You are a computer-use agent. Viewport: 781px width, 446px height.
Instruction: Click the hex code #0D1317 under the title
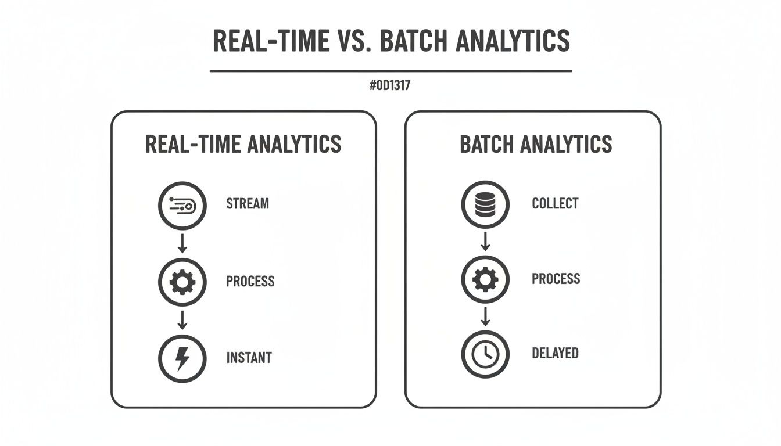[x=390, y=86]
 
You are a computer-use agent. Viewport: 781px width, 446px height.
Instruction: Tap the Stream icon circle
[x=182, y=205]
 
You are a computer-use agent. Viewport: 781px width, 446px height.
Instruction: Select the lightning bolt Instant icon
[x=182, y=359]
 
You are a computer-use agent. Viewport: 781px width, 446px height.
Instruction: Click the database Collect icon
[x=485, y=204]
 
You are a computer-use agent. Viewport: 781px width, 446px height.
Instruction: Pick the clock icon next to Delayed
[x=485, y=354]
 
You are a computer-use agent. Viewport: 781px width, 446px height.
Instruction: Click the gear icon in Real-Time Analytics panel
[x=182, y=282]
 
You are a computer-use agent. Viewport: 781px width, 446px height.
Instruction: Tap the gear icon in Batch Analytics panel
[x=485, y=280]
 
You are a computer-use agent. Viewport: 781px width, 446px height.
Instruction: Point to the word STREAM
[x=248, y=204]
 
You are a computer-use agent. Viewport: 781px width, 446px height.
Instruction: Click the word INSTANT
[x=249, y=358]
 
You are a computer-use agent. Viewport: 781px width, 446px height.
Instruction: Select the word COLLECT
[x=555, y=204]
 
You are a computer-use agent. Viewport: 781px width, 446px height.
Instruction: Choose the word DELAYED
[x=555, y=353]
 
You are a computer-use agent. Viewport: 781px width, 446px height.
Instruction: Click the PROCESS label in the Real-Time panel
[x=250, y=282]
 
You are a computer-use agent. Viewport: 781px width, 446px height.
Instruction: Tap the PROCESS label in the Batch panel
[x=556, y=279]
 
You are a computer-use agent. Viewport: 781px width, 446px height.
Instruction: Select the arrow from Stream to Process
[x=182, y=243]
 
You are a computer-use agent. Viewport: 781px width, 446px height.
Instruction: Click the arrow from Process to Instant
[x=182, y=320]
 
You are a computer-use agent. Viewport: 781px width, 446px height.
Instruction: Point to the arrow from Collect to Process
[x=486, y=241]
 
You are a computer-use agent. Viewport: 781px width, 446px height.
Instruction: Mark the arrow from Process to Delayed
[x=486, y=316]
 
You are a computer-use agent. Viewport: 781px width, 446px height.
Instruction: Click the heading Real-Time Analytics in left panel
[x=243, y=145]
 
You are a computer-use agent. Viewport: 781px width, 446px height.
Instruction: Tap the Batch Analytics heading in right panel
[x=536, y=145]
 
